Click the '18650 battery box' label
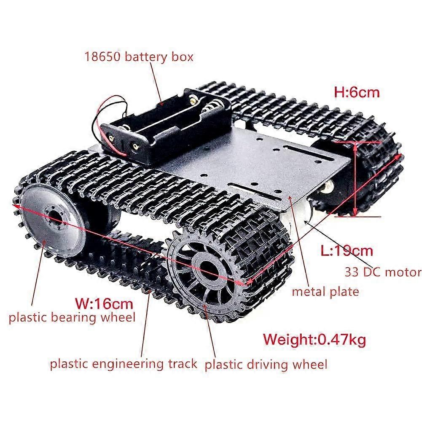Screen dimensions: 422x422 pyautogui.click(x=139, y=57)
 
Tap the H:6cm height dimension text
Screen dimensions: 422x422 pyautogui.click(x=357, y=92)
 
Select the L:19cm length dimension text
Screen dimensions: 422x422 pyautogui.click(x=347, y=251)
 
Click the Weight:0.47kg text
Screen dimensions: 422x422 pyautogui.click(x=314, y=339)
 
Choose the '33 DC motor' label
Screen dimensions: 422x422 pyautogui.click(x=383, y=272)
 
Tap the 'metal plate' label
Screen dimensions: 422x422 pyautogui.click(x=325, y=292)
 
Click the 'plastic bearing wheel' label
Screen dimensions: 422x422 pyautogui.click(x=72, y=317)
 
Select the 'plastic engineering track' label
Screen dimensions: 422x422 pyautogui.click(x=124, y=364)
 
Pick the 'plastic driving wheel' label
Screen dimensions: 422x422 pyautogui.click(x=266, y=365)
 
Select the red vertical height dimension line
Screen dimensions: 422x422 pyautogui.click(x=356, y=179)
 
